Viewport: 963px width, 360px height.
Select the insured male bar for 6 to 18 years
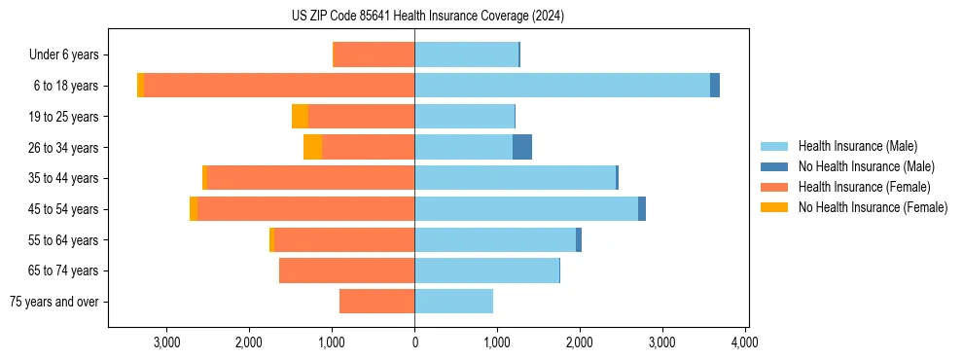click(x=562, y=86)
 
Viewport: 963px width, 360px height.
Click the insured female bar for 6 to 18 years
click(x=279, y=86)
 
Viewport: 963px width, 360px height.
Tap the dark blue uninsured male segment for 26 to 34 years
click(x=522, y=147)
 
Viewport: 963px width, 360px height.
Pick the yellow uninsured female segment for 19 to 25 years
click(x=300, y=117)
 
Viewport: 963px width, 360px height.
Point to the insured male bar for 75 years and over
click(x=454, y=302)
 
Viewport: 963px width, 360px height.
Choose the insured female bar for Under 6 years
click(x=374, y=54)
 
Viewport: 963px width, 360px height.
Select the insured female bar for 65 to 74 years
click(x=347, y=270)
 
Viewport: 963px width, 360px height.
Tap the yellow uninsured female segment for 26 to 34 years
click(x=312, y=147)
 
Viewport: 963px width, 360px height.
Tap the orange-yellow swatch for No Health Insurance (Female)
click(x=775, y=207)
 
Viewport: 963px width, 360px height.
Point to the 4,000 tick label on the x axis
click(x=745, y=342)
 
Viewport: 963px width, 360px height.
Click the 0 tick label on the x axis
click(x=415, y=342)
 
